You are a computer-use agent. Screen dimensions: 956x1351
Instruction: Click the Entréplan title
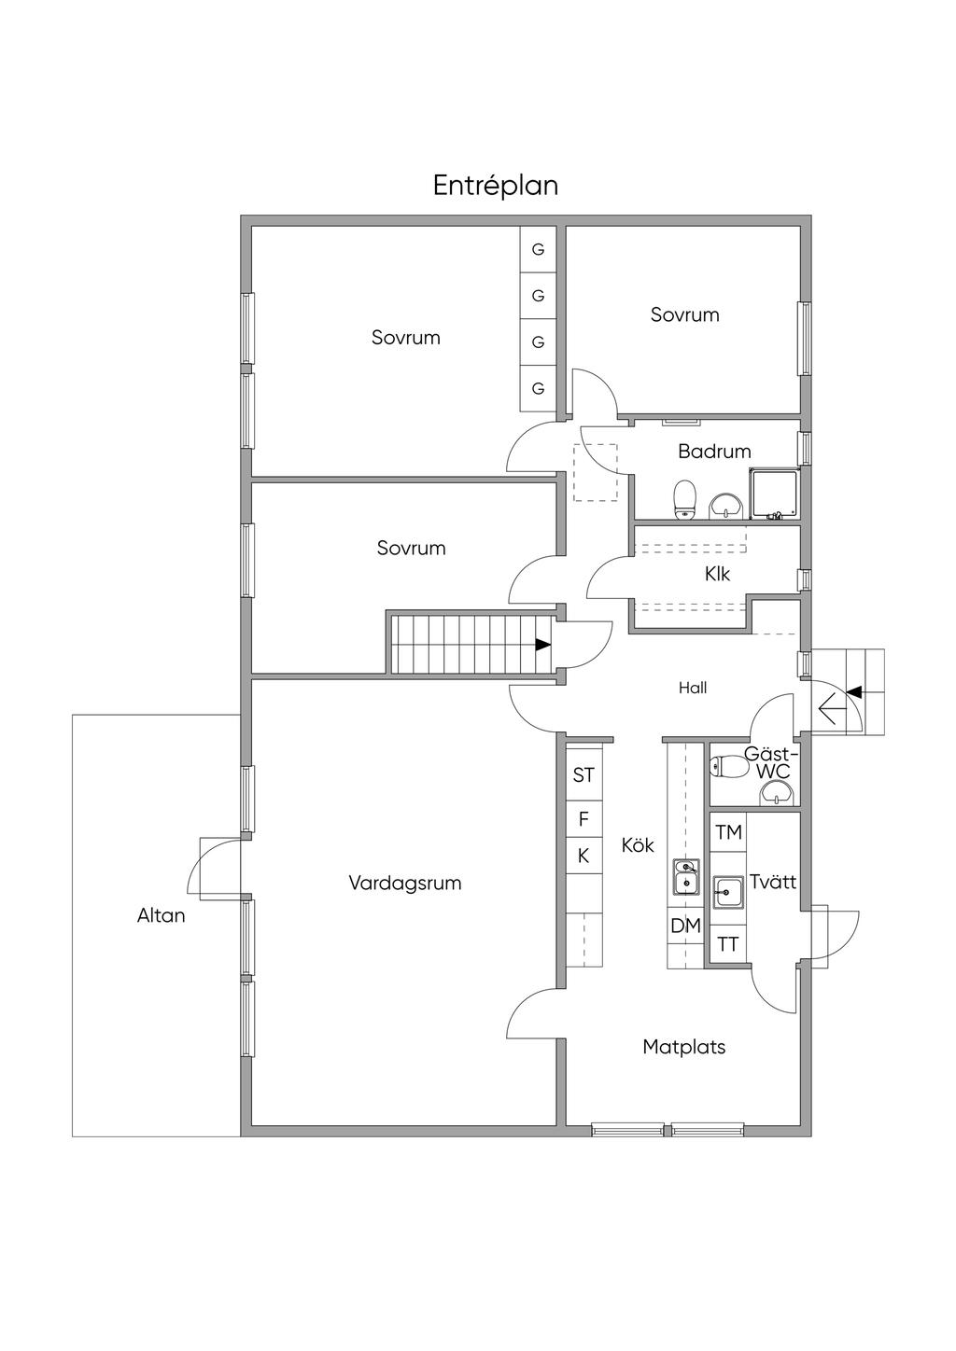(x=496, y=187)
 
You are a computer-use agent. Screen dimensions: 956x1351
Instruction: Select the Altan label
(x=162, y=915)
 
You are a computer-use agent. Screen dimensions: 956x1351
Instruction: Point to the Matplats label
(x=683, y=1047)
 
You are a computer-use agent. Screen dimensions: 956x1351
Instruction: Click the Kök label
(x=638, y=845)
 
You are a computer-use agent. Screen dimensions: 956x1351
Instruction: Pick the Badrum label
(x=714, y=452)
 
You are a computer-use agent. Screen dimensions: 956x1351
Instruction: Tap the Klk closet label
(x=717, y=574)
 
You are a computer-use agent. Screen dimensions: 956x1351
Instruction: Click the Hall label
(x=692, y=688)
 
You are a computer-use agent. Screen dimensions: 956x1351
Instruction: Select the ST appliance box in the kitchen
(x=583, y=775)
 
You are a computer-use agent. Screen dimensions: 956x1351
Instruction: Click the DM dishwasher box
(x=685, y=926)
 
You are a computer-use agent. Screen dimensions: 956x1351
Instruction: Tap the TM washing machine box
(x=728, y=833)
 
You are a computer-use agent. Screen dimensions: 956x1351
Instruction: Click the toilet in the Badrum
(x=684, y=500)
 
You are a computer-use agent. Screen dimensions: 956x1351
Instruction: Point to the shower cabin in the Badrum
(x=774, y=494)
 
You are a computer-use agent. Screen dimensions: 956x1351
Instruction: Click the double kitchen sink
(x=686, y=877)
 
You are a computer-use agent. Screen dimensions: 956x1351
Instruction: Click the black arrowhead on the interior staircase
(x=543, y=644)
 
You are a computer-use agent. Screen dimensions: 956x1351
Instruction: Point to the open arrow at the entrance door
(x=828, y=707)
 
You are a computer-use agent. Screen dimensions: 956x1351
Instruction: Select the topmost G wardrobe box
(x=538, y=249)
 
